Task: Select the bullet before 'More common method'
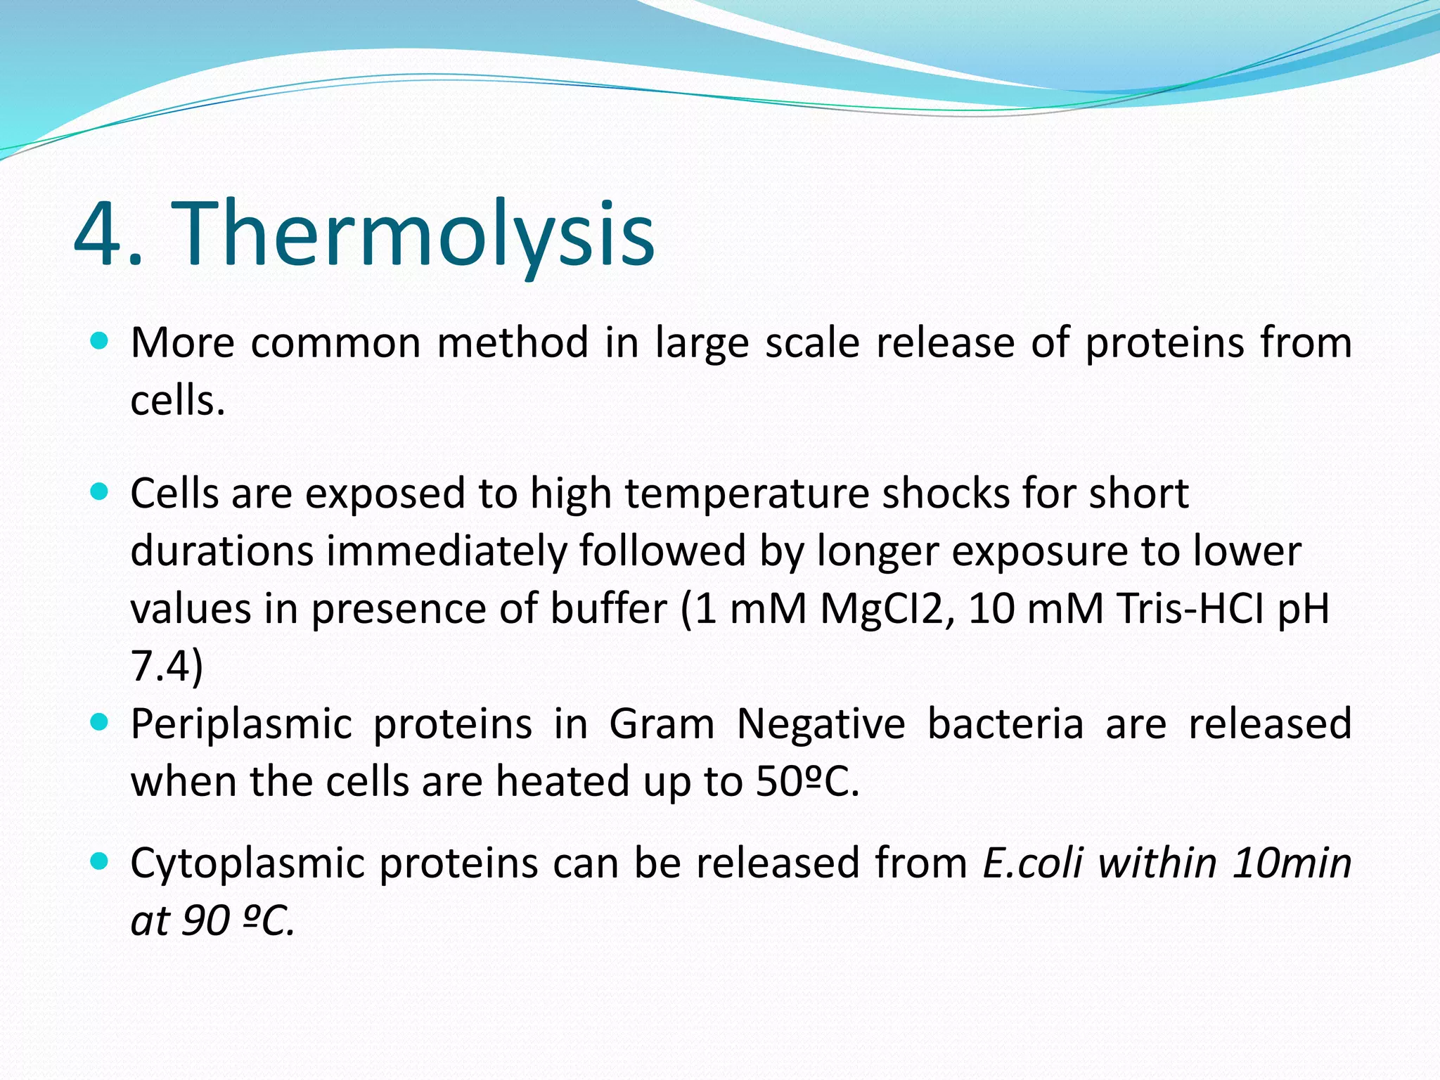click(100, 342)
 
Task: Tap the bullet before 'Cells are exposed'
click(100, 492)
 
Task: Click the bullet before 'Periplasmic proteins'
click(100, 722)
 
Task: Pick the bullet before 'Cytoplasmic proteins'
click(100, 861)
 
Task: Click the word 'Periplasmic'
click(241, 725)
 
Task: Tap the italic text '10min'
click(1292, 863)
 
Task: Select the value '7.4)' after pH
click(167, 667)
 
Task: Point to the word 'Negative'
click(821, 724)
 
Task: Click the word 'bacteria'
click(1005, 724)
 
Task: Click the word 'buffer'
click(608, 609)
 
